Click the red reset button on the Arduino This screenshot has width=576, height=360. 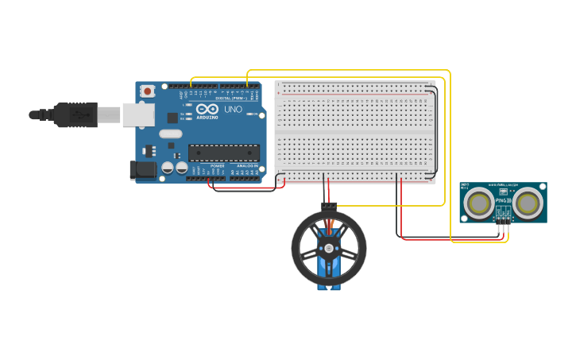pyautogui.click(x=147, y=92)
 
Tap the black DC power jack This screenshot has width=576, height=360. pyautogui.click(x=141, y=169)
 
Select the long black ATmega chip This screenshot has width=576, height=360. pyautogui.click(x=223, y=153)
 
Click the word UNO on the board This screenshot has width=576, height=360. pyautogui.click(x=233, y=110)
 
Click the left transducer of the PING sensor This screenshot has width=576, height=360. pyautogui.click(x=479, y=203)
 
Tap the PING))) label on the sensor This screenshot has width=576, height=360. pyautogui.click(x=503, y=200)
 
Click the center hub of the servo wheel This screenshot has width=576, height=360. pyautogui.click(x=328, y=248)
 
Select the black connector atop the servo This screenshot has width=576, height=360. pyautogui.click(x=329, y=206)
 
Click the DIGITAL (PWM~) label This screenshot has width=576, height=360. pyautogui.click(x=234, y=98)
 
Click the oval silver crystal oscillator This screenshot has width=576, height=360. pyautogui.click(x=169, y=134)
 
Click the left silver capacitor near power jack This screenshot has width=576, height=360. pyautogui.click(x=168, y=168)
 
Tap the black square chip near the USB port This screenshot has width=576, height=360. pyautogui.click(x=172, y=117)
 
